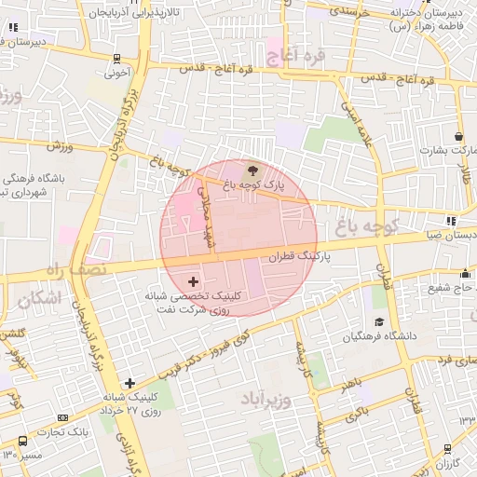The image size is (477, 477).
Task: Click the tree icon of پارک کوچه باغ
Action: [252, 170]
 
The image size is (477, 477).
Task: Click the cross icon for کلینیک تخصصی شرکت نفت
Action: [193, 280]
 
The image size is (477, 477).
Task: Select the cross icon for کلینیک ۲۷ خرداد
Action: [129, 383]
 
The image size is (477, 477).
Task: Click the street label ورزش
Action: [60, 145]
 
